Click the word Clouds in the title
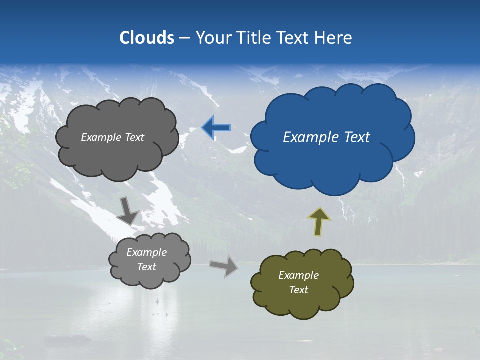(147, 38)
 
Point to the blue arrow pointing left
(216, 128)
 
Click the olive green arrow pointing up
(319, 221)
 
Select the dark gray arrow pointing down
(127, 211)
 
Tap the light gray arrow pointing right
(224, 266)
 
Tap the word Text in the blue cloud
(357, 137)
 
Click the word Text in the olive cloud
(298, 290)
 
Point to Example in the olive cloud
(298, 275)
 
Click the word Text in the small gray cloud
(146, 267)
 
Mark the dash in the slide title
(184, 38)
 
